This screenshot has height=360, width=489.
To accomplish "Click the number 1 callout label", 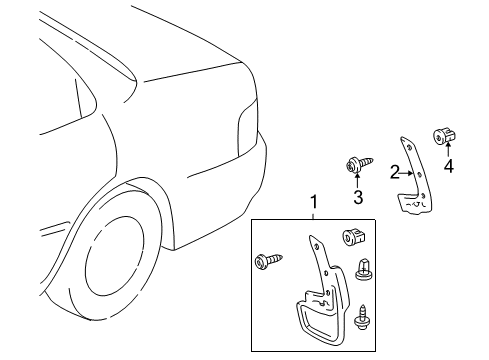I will pyautogui.click(x=313, y=202).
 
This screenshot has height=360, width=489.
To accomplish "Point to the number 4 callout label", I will pyautogui.click(x=449, y=167).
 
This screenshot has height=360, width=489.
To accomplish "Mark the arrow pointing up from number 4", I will pyautogui.click(x=448, y=152).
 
